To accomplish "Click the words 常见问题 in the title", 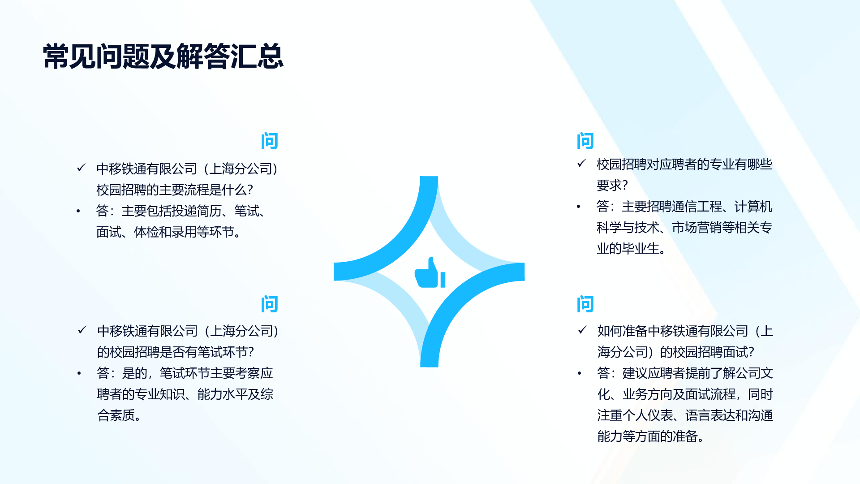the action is pyautogui.click(x=96, y=57).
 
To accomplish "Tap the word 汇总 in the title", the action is pyautogui.click(x=257, y=57).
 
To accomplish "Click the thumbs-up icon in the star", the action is pyautogui.click(x=430, y=272).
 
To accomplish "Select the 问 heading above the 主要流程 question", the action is pyautogui.click(x=270, y=141).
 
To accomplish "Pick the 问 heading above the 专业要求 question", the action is pyautogui.click(x=585, y=141).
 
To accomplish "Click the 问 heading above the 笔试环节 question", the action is pyautogui.click(x=270, y=304).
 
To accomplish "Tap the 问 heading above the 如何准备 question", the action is pyautogui.click(x=585, y=304).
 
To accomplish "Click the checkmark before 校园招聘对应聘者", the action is pyautogui.click(x=581, y=164).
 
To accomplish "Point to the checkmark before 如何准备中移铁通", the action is pyautogui.click(x=582, y=330).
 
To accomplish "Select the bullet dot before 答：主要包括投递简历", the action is pyautogui.click(x=78, y=211).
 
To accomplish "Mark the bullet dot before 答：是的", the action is pyautogui.click(x=79, y=373).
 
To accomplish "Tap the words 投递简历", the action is pyautogui.click(x=197, y=211).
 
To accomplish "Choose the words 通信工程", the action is pyautogui.click(x=697, y=207).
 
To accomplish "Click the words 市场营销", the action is pyautogui.click(x=697, y=228).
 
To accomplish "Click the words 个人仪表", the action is pyautogui.click(x=648, y=415).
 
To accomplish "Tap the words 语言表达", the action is pyautogui.click(x=710, y=415).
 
